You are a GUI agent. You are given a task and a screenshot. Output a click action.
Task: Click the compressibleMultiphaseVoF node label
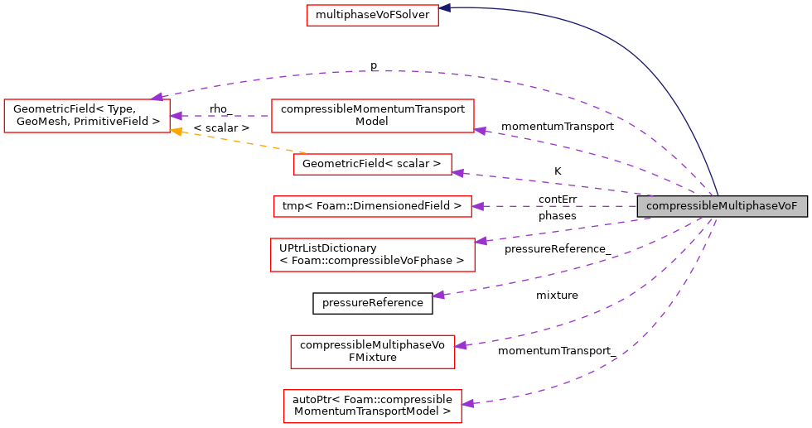click(722, 206)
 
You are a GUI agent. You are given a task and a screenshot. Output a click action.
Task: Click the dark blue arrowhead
click(445, 7)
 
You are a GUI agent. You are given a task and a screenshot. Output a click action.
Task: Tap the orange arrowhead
click(176, 131)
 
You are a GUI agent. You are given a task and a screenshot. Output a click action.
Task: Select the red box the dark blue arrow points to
click(372, 15)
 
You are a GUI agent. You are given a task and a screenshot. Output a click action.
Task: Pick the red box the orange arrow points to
click(86, 116)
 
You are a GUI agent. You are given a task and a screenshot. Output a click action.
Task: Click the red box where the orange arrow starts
click(372, 164)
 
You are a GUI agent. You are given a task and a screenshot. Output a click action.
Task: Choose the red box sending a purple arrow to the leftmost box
click(372, 116)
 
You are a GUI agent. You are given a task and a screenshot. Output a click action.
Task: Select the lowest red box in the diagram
click(372, 406)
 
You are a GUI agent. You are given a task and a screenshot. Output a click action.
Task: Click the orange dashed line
click(240, 142)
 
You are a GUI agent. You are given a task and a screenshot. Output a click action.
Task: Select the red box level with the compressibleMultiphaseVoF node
click(372, 206)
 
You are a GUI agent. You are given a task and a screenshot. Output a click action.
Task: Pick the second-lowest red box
click(372, 352)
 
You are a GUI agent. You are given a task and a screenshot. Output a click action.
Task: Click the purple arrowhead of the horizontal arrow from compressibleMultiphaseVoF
click(477, 206)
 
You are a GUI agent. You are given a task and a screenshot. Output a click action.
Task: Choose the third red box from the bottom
click(372, 255)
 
